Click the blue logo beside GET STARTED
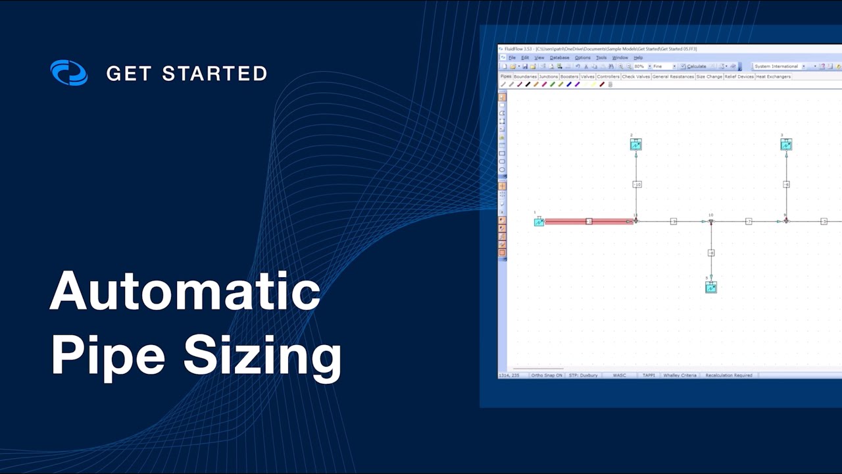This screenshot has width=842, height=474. pos(69,73)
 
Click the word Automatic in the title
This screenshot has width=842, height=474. pos(185,291)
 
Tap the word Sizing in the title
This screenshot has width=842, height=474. pos(262,356)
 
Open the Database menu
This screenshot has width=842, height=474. pos(559,58)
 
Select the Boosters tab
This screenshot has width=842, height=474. pos(569,77)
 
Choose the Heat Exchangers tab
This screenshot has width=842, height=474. pos(773,77)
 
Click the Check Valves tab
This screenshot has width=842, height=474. pos(636,77)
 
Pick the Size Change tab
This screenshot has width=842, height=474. pos(709,77)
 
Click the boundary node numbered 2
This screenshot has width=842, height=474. pos(635,145)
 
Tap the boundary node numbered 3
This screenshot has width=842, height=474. pos(786,145)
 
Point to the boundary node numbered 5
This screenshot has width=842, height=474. pos(711,288)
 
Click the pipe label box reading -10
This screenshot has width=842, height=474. pos(637,184)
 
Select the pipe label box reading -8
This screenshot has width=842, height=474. pos(711,253)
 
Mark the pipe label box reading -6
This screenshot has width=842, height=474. pos(786,184)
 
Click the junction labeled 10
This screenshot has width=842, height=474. pos(711,221)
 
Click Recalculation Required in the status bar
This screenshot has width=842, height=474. pos(729,375)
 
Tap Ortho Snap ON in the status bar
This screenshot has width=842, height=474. pos(547,375)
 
